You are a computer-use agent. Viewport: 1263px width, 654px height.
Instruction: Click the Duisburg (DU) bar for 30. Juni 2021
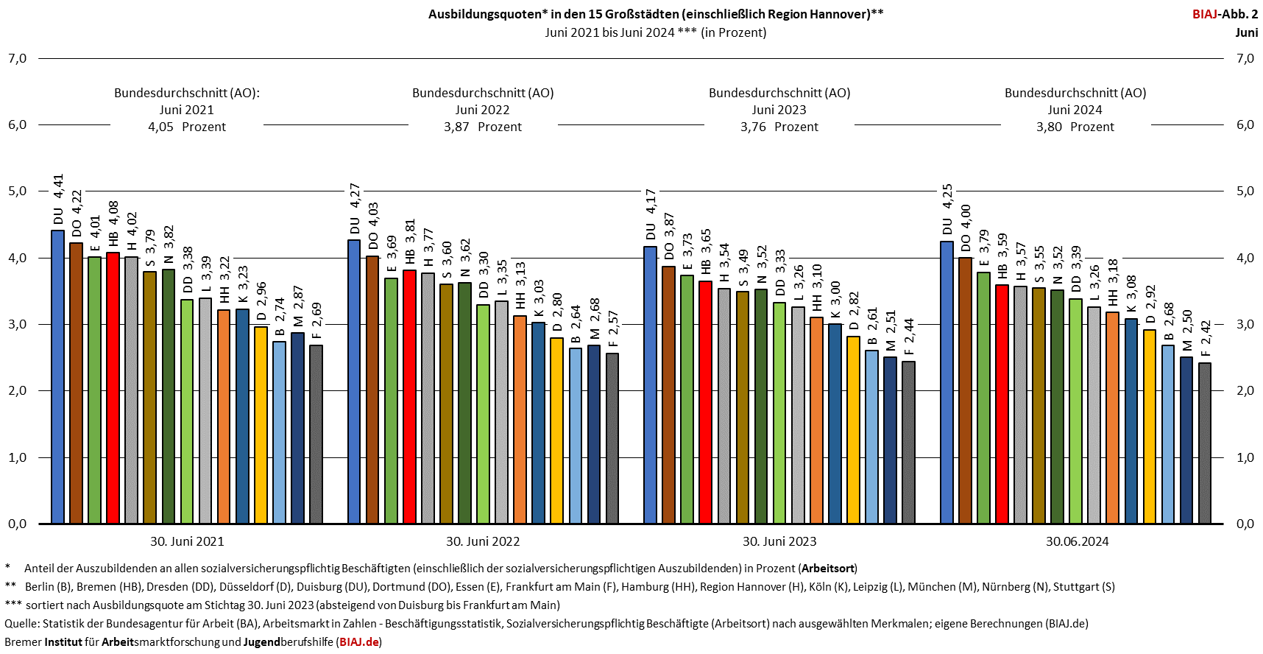point(57,377)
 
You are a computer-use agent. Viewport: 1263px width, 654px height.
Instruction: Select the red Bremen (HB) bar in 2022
point(409,397)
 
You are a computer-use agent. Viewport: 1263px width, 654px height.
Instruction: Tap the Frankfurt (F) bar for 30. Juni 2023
point(908,443)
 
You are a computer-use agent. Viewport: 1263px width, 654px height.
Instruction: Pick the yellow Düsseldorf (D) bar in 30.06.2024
point(1149,426)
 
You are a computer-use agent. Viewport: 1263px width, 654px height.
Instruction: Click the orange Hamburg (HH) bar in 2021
point(224,417)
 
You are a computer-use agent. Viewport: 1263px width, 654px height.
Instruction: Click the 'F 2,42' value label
point(1206,339)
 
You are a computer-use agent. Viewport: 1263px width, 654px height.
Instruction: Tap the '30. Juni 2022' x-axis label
point(483,541)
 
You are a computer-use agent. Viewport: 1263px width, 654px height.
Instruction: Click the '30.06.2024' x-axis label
point(1077,541)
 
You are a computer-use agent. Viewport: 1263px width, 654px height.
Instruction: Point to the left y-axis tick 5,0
point(18,191)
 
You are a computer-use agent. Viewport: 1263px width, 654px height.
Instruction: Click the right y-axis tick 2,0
point(1245,391)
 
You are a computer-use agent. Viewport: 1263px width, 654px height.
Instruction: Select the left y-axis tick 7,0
point(18,58)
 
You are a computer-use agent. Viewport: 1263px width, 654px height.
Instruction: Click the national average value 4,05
point(160,127)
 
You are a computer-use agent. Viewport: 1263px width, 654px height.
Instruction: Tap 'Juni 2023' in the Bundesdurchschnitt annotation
point(779,110)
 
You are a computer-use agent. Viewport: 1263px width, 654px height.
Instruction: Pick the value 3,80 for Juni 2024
point(1049,127)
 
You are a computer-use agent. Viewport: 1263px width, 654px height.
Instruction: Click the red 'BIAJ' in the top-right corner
point(1204,14)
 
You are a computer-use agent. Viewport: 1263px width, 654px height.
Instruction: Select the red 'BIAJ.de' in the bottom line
point(359,641)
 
